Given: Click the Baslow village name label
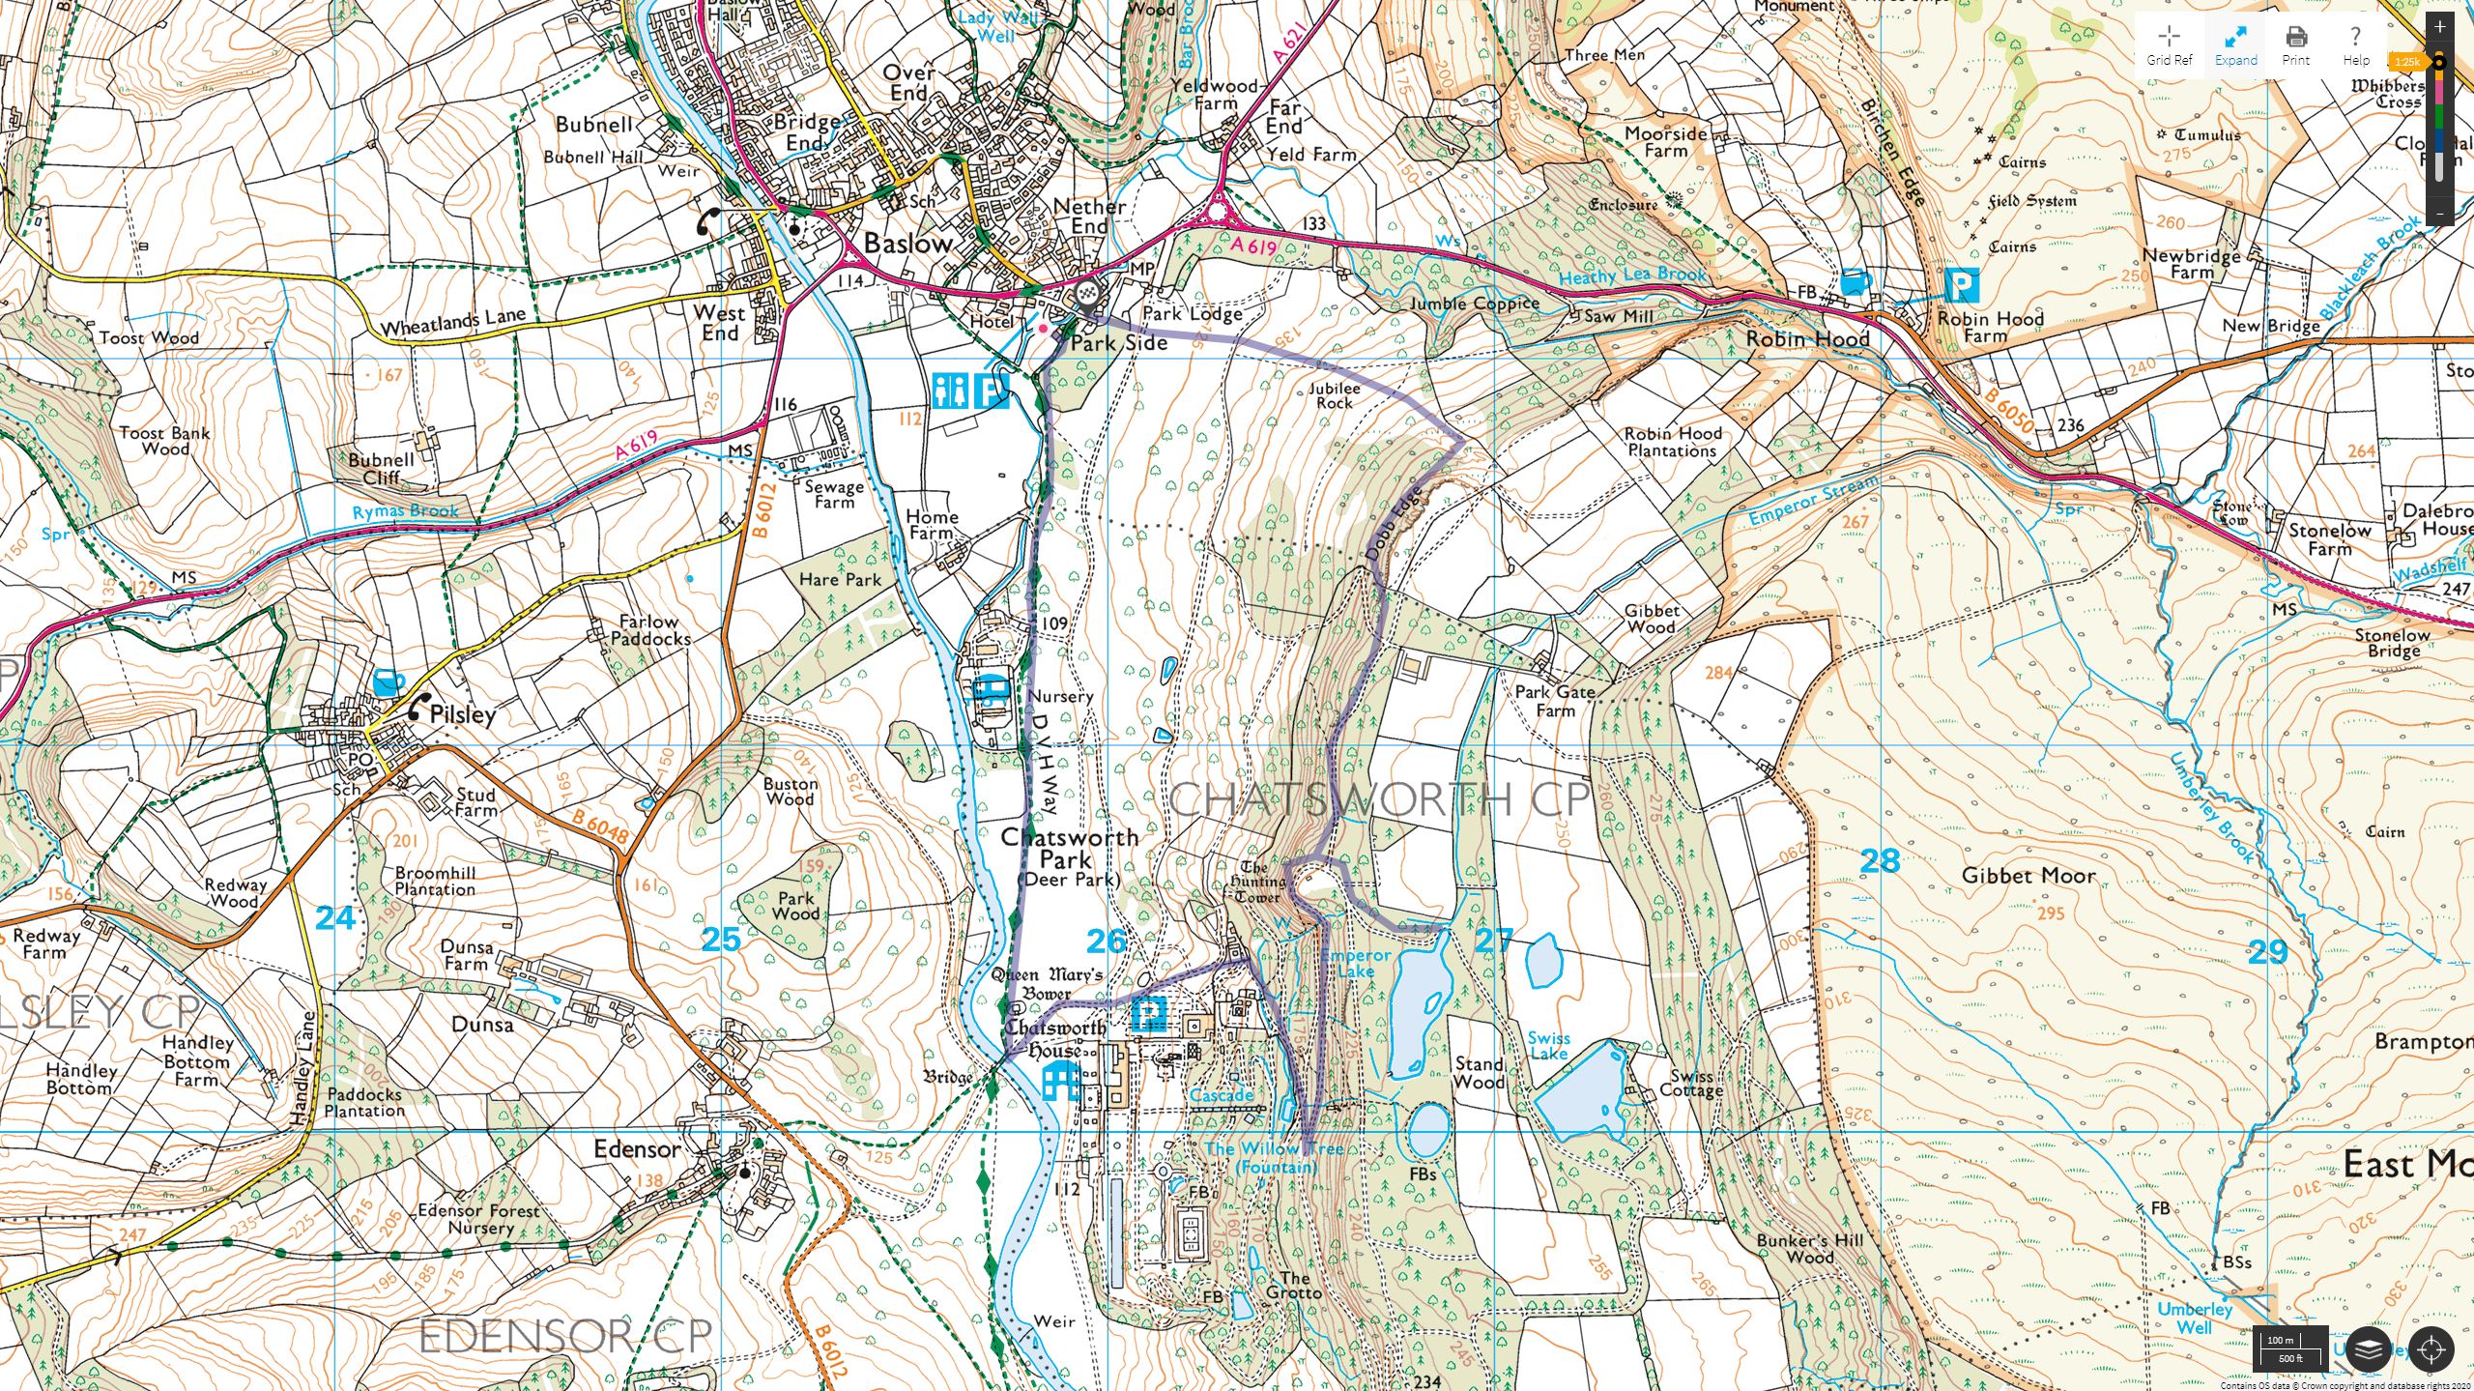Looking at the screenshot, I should pos(907,244).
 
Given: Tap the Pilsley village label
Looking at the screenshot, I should pos(462,714).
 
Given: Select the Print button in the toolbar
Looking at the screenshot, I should pos(2295,44).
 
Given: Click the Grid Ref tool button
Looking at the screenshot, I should pos(2169,44).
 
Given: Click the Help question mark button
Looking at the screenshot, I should pos(2355,44).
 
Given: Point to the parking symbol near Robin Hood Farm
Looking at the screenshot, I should pos(1962,286).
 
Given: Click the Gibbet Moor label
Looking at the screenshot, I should pos(2028,876).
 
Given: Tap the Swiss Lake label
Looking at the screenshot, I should pos(1548,1046).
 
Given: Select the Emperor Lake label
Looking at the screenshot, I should pos(1356,963).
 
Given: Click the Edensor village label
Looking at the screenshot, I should pos(637,1149).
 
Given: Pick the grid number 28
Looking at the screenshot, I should pos(1880,860).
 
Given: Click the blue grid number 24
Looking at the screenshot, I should pos(335,917).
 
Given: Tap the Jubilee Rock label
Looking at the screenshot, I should pos(1334,395).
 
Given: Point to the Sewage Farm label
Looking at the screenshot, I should pos(833,495).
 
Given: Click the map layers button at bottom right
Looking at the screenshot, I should pos(2367,1348).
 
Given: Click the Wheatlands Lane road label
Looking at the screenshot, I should pos(452,322).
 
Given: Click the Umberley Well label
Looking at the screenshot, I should pos(2194,1319).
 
